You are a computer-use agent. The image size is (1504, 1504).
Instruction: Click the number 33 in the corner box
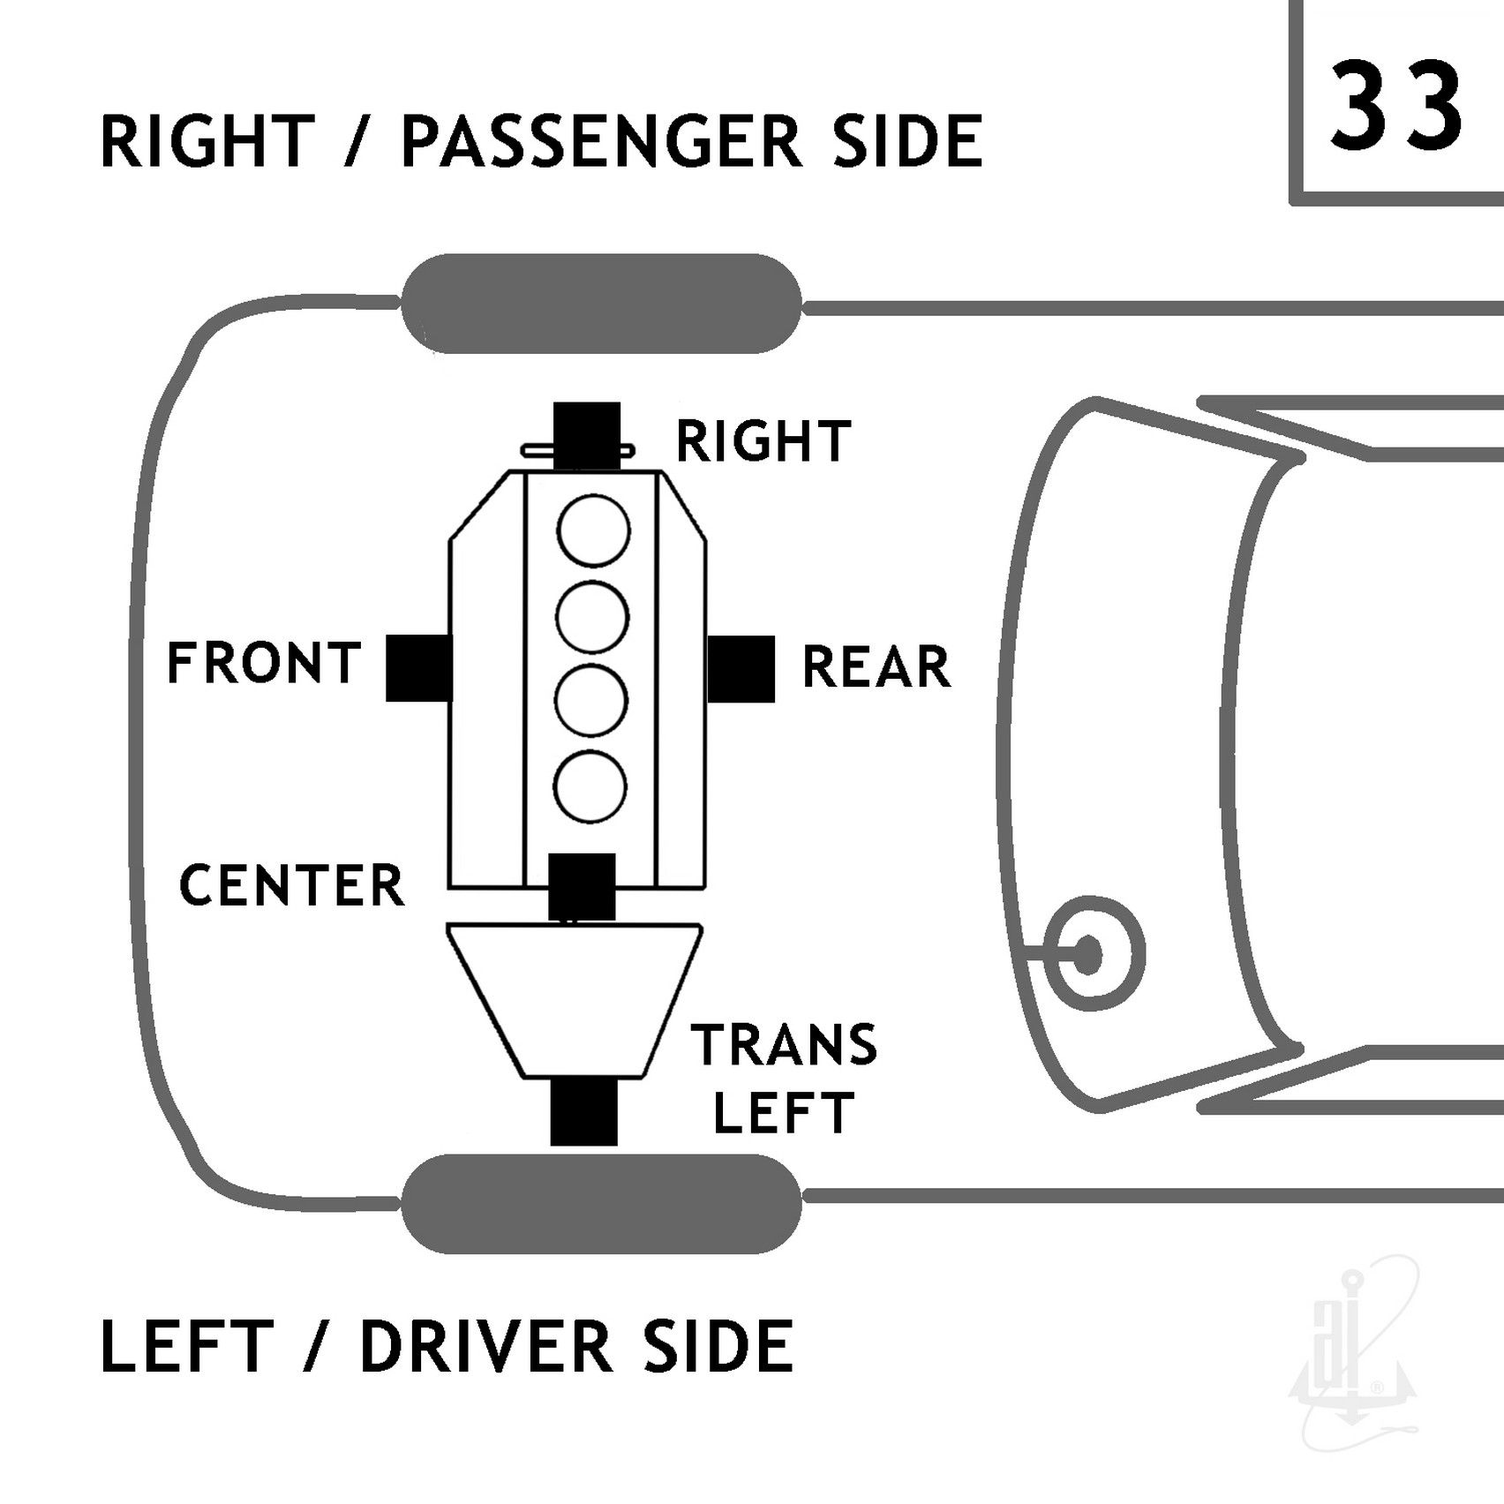click(x=1396, y=106)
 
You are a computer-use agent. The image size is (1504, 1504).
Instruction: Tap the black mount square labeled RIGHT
click(x=587, y=436)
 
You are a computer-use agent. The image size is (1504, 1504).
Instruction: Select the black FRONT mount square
click(x=419, y=668)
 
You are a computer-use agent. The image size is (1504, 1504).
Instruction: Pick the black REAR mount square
click(x=741, y=669)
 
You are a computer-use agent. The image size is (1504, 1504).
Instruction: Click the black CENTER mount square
click(x=582, y=886)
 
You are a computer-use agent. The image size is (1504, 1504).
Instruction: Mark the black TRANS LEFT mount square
click(x=583, y=1112)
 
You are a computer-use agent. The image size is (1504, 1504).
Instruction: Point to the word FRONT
click(x=264, y=664)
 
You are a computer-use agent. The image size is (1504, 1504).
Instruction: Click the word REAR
click(x=876, y=666)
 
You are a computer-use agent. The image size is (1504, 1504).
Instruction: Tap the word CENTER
click(x=291, y=885)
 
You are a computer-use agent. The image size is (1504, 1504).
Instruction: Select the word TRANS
click(x=784, y=1045)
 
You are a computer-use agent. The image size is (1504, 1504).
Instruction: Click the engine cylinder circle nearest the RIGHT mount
click(x=593, y=532)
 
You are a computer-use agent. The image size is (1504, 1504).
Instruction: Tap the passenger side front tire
click(x=602, y=304)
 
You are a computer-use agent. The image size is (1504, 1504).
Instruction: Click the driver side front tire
click(x=602, y=1204)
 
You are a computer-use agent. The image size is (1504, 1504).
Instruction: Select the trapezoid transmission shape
click(x=575, y=1001)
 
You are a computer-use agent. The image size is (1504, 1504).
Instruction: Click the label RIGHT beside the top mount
click(x=763, y=441)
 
